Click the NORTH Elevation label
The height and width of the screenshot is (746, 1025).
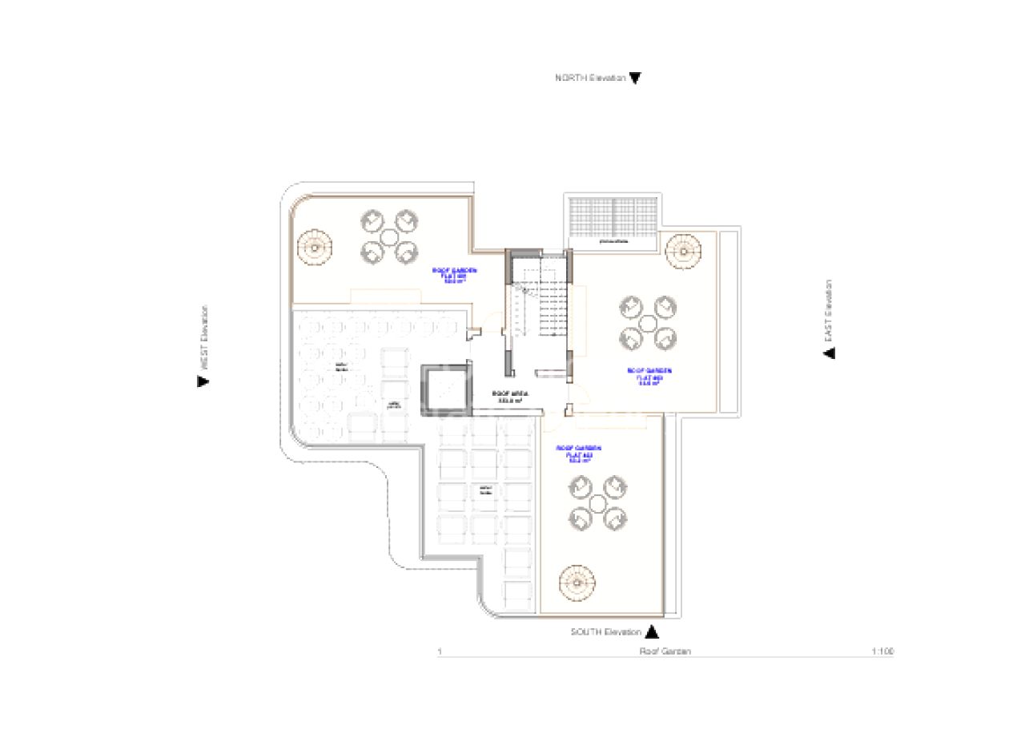pos(589,78)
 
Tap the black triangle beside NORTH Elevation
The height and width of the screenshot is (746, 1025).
pos(635,79)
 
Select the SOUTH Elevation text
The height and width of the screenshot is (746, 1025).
pos(605,631)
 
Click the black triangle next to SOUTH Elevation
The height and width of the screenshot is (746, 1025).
pos(652,631)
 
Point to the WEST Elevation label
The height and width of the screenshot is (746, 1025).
pos(204,337)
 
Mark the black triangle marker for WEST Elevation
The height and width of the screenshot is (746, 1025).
pos(203,381)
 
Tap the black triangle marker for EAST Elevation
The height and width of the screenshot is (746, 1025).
pos(829,353)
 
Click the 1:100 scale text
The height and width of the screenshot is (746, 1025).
pos(882,651)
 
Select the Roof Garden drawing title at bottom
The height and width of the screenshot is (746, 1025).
pos(665,651)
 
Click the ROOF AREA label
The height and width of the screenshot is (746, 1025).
pos(508,396)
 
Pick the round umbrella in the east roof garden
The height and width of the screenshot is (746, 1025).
pos(683,251)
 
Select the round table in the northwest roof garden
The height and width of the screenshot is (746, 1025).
pos(389,237)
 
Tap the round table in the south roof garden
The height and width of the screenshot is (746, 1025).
pos(597,503)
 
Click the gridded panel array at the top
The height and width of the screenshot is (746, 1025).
pos(613,216)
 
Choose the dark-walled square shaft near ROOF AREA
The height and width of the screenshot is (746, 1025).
pos(444,389)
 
